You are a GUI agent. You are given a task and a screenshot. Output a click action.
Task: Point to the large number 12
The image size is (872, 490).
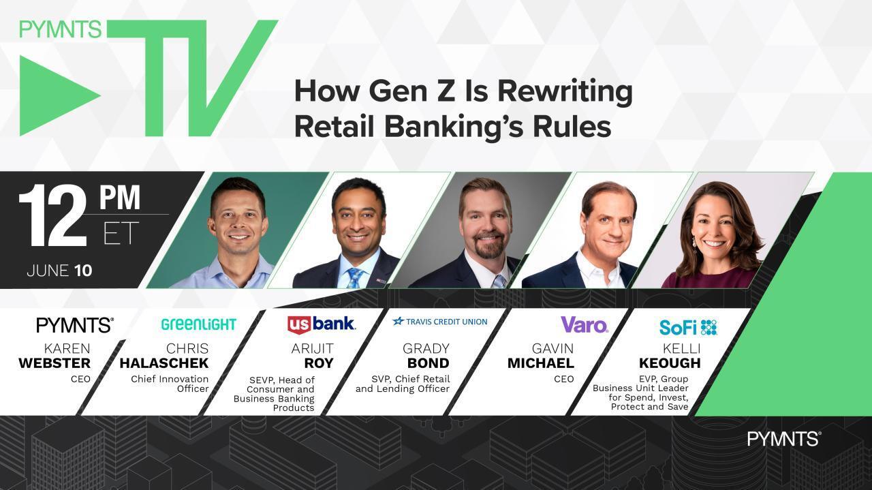pos(52,215)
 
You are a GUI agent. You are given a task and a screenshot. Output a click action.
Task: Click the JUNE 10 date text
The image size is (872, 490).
pos(59,271)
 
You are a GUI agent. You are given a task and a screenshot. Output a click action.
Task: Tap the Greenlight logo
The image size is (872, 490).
pos(198,324)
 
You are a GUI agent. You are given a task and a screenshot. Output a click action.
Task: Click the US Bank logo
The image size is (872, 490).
pos(321,324)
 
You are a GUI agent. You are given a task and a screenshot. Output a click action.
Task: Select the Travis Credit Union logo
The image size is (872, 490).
pos(440,322)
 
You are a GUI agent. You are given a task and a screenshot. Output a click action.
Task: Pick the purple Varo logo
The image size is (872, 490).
pos(585,325)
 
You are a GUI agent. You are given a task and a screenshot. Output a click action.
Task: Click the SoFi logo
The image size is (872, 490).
pos(688,327)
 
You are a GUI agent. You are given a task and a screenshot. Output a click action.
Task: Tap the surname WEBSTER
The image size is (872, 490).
pos(54,363)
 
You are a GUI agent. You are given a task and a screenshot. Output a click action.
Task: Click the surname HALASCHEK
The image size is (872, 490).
pos(164,363)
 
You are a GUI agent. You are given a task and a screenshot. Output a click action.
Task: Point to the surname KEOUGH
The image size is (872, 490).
pos(670,363)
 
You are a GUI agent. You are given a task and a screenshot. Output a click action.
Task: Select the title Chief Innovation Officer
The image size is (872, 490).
pos(170,384)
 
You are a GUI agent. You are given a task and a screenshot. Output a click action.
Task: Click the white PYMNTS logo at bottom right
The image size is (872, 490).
pos(784,439)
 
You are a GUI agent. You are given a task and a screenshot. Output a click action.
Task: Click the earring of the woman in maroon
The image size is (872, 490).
pos(694,242)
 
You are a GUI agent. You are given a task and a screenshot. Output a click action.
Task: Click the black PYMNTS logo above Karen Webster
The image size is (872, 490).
pos(75,325)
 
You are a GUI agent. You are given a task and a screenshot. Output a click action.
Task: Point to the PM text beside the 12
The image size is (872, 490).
pos(119,198)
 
